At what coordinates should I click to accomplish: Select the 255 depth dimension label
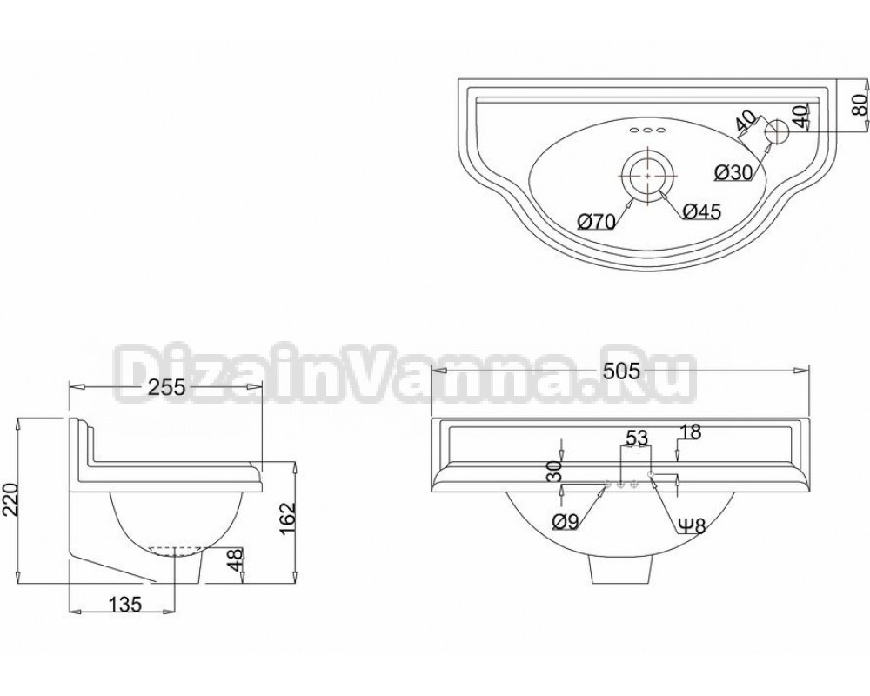(x=166, y=387)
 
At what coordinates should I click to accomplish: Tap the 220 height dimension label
(x=11, y=499)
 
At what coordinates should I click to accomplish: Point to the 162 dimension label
(x=288, y=519)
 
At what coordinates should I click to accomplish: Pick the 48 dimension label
(x=235, y=560)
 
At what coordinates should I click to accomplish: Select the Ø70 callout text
(x=597, y=222)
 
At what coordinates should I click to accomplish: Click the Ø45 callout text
(x=701, y=211)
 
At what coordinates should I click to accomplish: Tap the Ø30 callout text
(x=733, y=173)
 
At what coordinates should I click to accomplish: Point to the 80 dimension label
(x=859, y=105)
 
